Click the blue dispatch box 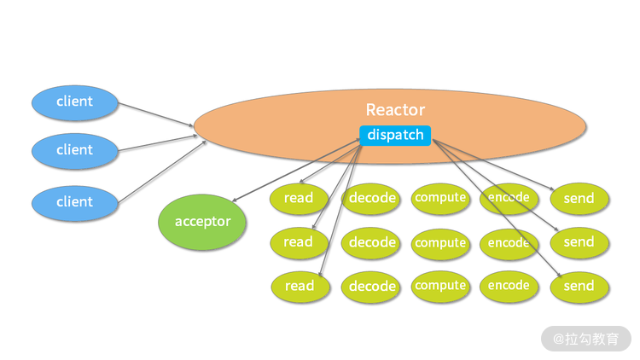coord(395,135)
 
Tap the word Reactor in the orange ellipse coord(395,109)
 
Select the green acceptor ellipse coord(202,222)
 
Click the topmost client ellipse coord(74,102)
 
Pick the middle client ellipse coord(74,150)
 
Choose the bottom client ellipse coord(74,202)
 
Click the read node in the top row coord(299,199)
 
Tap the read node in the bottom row coord(300,287)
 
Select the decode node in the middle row coord(372,243)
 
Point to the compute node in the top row coord(440,198)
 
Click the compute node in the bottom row coord(440,286)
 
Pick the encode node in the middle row coord(509,243)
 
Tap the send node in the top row coord(579,199)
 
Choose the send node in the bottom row coord(579,287)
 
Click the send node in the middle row coord(579,242)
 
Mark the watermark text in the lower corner coord(586,339)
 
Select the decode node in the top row coord(372,199)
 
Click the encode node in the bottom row coord(509,286)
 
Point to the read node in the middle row coord(299,242)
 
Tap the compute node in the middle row coord(440,243)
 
